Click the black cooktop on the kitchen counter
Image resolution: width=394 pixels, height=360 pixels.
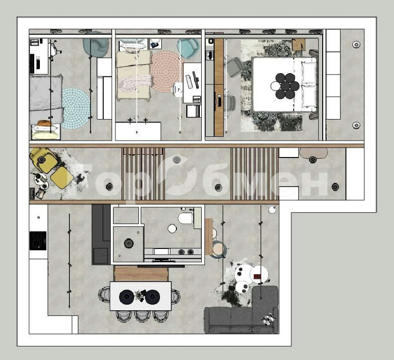[38, 241]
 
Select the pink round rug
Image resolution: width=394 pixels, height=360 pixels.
[165, 71]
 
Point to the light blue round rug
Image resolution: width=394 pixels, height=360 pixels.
[76, 108]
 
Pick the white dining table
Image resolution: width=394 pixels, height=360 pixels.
[141, 296]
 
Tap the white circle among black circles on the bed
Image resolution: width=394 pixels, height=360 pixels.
[275, 86]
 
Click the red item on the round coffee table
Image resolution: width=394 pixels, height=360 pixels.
[257, 277]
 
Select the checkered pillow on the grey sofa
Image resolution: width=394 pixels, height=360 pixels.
[268, 319]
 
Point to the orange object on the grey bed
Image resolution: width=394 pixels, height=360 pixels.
[44, 123]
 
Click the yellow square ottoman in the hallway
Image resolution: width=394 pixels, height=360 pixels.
[61, 178]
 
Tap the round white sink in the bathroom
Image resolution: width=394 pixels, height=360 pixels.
[172, 229]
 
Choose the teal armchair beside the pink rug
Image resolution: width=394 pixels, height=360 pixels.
[188, 48]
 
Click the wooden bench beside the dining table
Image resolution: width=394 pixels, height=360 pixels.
[141, 273]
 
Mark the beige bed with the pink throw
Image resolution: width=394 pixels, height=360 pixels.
[134, 75]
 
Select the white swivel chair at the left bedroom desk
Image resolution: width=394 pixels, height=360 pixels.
[54, 50]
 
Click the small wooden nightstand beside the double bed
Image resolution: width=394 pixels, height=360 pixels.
[299, 45]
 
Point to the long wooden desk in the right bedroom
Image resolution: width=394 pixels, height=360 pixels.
[219, 87]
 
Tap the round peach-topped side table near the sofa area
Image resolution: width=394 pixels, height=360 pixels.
[218, 249]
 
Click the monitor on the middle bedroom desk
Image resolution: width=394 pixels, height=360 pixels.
[196, 80]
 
